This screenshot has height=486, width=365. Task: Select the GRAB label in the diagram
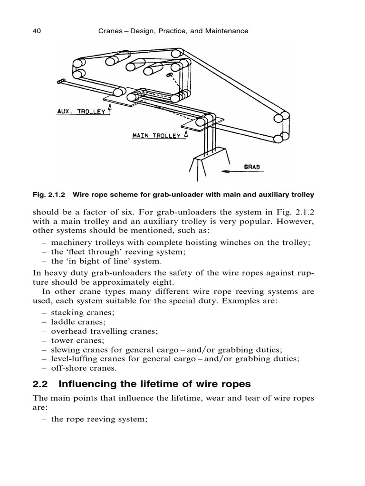(254, 168)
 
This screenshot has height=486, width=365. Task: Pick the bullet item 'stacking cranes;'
(82, 312)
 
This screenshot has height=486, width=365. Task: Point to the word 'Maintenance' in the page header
(226, 31)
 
